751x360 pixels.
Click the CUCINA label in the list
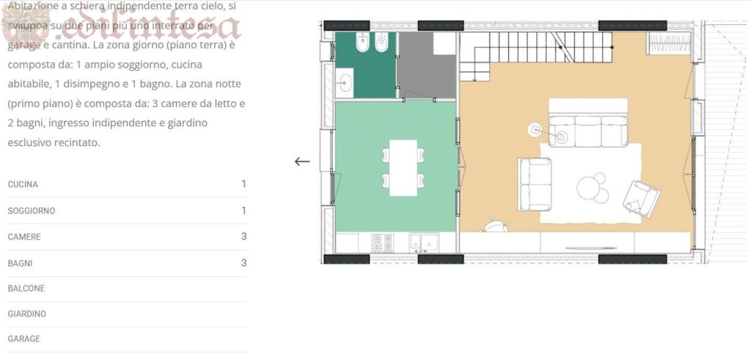(x=23, y=184)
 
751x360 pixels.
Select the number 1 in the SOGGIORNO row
(x=243, y=210)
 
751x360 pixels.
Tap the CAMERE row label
(x=24, y=237)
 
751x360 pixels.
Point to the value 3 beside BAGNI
(x=243, y=262)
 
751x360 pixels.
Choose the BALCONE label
(x=26, y=288)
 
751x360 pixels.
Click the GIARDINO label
(x=27, y=314)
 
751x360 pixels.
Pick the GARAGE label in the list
(x=24, y=339)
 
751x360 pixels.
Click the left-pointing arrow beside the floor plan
(x=301, y=161)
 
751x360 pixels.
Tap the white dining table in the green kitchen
(x=403, y=167)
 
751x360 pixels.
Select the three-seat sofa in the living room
(x=588, y=130)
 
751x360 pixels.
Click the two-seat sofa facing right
(x=535, y=183)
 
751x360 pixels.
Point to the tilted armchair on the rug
(x=641, y=196)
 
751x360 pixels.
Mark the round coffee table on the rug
(x=592, y=187)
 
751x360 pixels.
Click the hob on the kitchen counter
(x=382, y=242)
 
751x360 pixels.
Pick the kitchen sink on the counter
(x=424, y=241)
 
